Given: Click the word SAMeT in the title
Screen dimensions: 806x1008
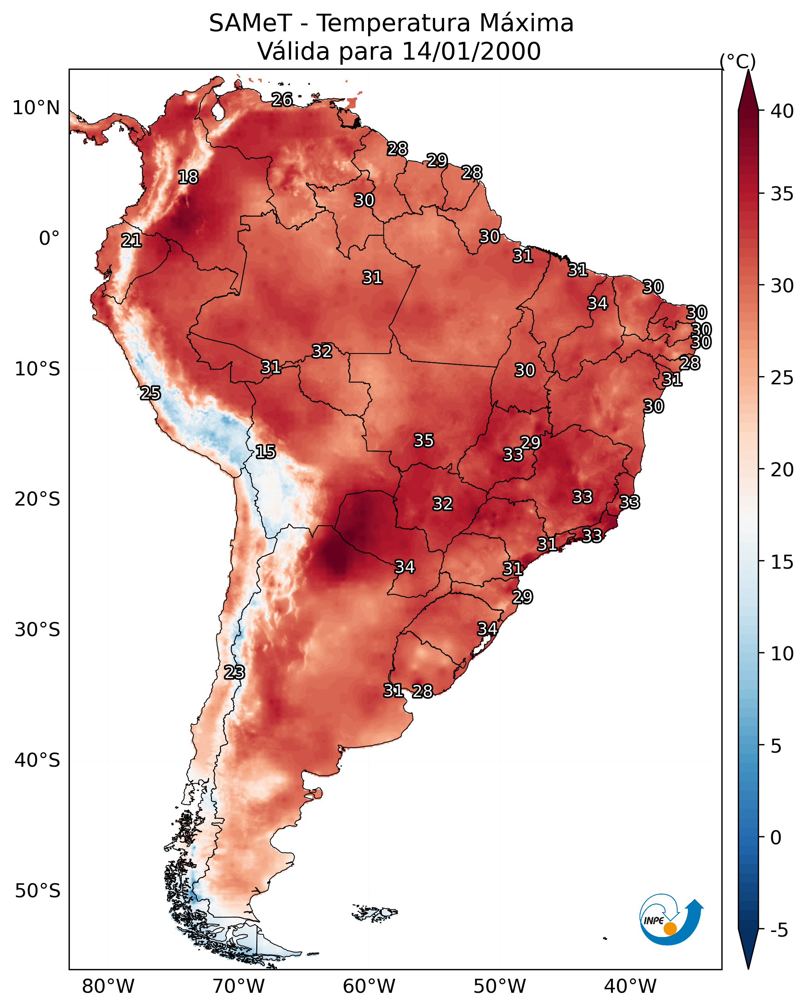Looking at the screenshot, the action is coord(250,23).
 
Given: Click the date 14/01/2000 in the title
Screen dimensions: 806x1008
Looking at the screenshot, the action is coord(471,51).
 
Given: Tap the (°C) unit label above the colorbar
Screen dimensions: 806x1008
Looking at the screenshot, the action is coord(738,61).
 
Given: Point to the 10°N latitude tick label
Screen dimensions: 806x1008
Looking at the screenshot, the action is coord(36,108).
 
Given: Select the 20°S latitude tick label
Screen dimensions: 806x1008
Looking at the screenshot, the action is coord(37,499).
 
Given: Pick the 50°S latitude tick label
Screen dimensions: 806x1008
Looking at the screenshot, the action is coord(37,891).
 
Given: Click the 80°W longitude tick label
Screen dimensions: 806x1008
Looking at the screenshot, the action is coord(108,987).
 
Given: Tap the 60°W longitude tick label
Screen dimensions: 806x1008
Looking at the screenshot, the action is coord(369,987).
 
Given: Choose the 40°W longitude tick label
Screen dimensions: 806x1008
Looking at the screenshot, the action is coord(630,987).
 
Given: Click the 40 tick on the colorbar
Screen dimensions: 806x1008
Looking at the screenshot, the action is coord(782,111).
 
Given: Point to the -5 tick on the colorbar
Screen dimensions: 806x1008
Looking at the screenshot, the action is coord(779,930).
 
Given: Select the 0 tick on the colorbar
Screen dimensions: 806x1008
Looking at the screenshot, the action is coord(776,838).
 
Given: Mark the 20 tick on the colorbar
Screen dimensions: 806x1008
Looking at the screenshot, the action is coord(782,470).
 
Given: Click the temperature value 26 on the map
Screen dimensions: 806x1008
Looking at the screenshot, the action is coord(282,99).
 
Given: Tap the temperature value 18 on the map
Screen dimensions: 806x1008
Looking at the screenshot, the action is coord(188,177).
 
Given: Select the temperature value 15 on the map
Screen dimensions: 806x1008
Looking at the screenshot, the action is coord(265,452).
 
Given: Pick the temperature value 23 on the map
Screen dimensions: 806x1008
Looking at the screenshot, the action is coord(234,672).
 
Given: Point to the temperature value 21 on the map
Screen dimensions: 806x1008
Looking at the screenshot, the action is coord(131,241).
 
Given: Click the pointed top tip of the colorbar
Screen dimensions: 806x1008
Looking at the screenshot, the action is coord(748,70).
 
